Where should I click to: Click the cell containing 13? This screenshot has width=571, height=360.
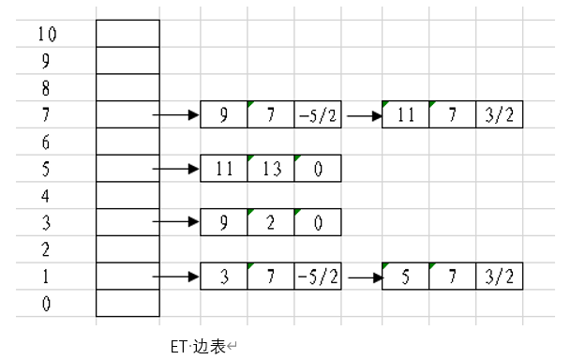(271, 170)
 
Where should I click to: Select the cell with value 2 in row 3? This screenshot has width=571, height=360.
(271, 223)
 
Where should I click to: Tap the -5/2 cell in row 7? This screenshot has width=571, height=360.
(317, 116)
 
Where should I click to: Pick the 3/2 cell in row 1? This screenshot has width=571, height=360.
(500, 277)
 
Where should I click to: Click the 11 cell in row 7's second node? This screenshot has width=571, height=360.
(406, 116)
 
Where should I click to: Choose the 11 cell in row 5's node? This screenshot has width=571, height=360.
(224, 170)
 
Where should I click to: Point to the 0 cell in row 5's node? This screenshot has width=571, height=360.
(317, 170)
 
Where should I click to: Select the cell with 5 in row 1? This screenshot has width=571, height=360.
(406, 277)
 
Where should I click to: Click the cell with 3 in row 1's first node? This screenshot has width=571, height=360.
(224, 277)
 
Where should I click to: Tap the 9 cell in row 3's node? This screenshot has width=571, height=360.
(224, 223)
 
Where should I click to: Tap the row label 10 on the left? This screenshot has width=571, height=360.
(47, 35)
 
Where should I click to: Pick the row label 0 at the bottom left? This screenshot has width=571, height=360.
(47, 304)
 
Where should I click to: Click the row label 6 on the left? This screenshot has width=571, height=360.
(47, 142)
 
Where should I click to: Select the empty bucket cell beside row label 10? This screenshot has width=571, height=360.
(128, 34)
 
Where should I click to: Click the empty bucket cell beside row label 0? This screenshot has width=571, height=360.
(128, 304)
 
